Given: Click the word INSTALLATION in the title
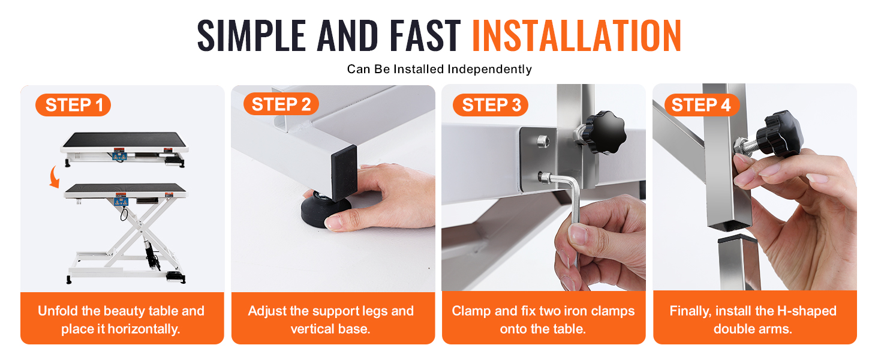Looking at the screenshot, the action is [576, 35].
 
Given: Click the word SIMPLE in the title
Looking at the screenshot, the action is [251, 35].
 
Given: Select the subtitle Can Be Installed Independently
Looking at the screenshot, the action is [440, 69].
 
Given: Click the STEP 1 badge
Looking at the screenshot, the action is [73, 105].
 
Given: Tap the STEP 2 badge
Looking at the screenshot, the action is [281, 104].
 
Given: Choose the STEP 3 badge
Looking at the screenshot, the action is [491, 105].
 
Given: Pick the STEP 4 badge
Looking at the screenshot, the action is [701, 105].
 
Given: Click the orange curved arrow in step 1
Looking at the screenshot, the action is [54, 177].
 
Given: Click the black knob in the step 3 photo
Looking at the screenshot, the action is [603, 131].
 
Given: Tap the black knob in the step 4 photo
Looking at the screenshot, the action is [780, 134].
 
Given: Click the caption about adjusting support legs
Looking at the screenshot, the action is [331, 320].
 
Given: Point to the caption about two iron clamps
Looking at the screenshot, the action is [543, 320].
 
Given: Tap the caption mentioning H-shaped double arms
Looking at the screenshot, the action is [753, 320].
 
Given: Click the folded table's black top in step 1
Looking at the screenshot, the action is [125, 140].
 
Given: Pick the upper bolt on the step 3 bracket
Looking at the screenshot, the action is [542, 140].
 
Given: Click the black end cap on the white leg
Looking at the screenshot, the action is [344, 173].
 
